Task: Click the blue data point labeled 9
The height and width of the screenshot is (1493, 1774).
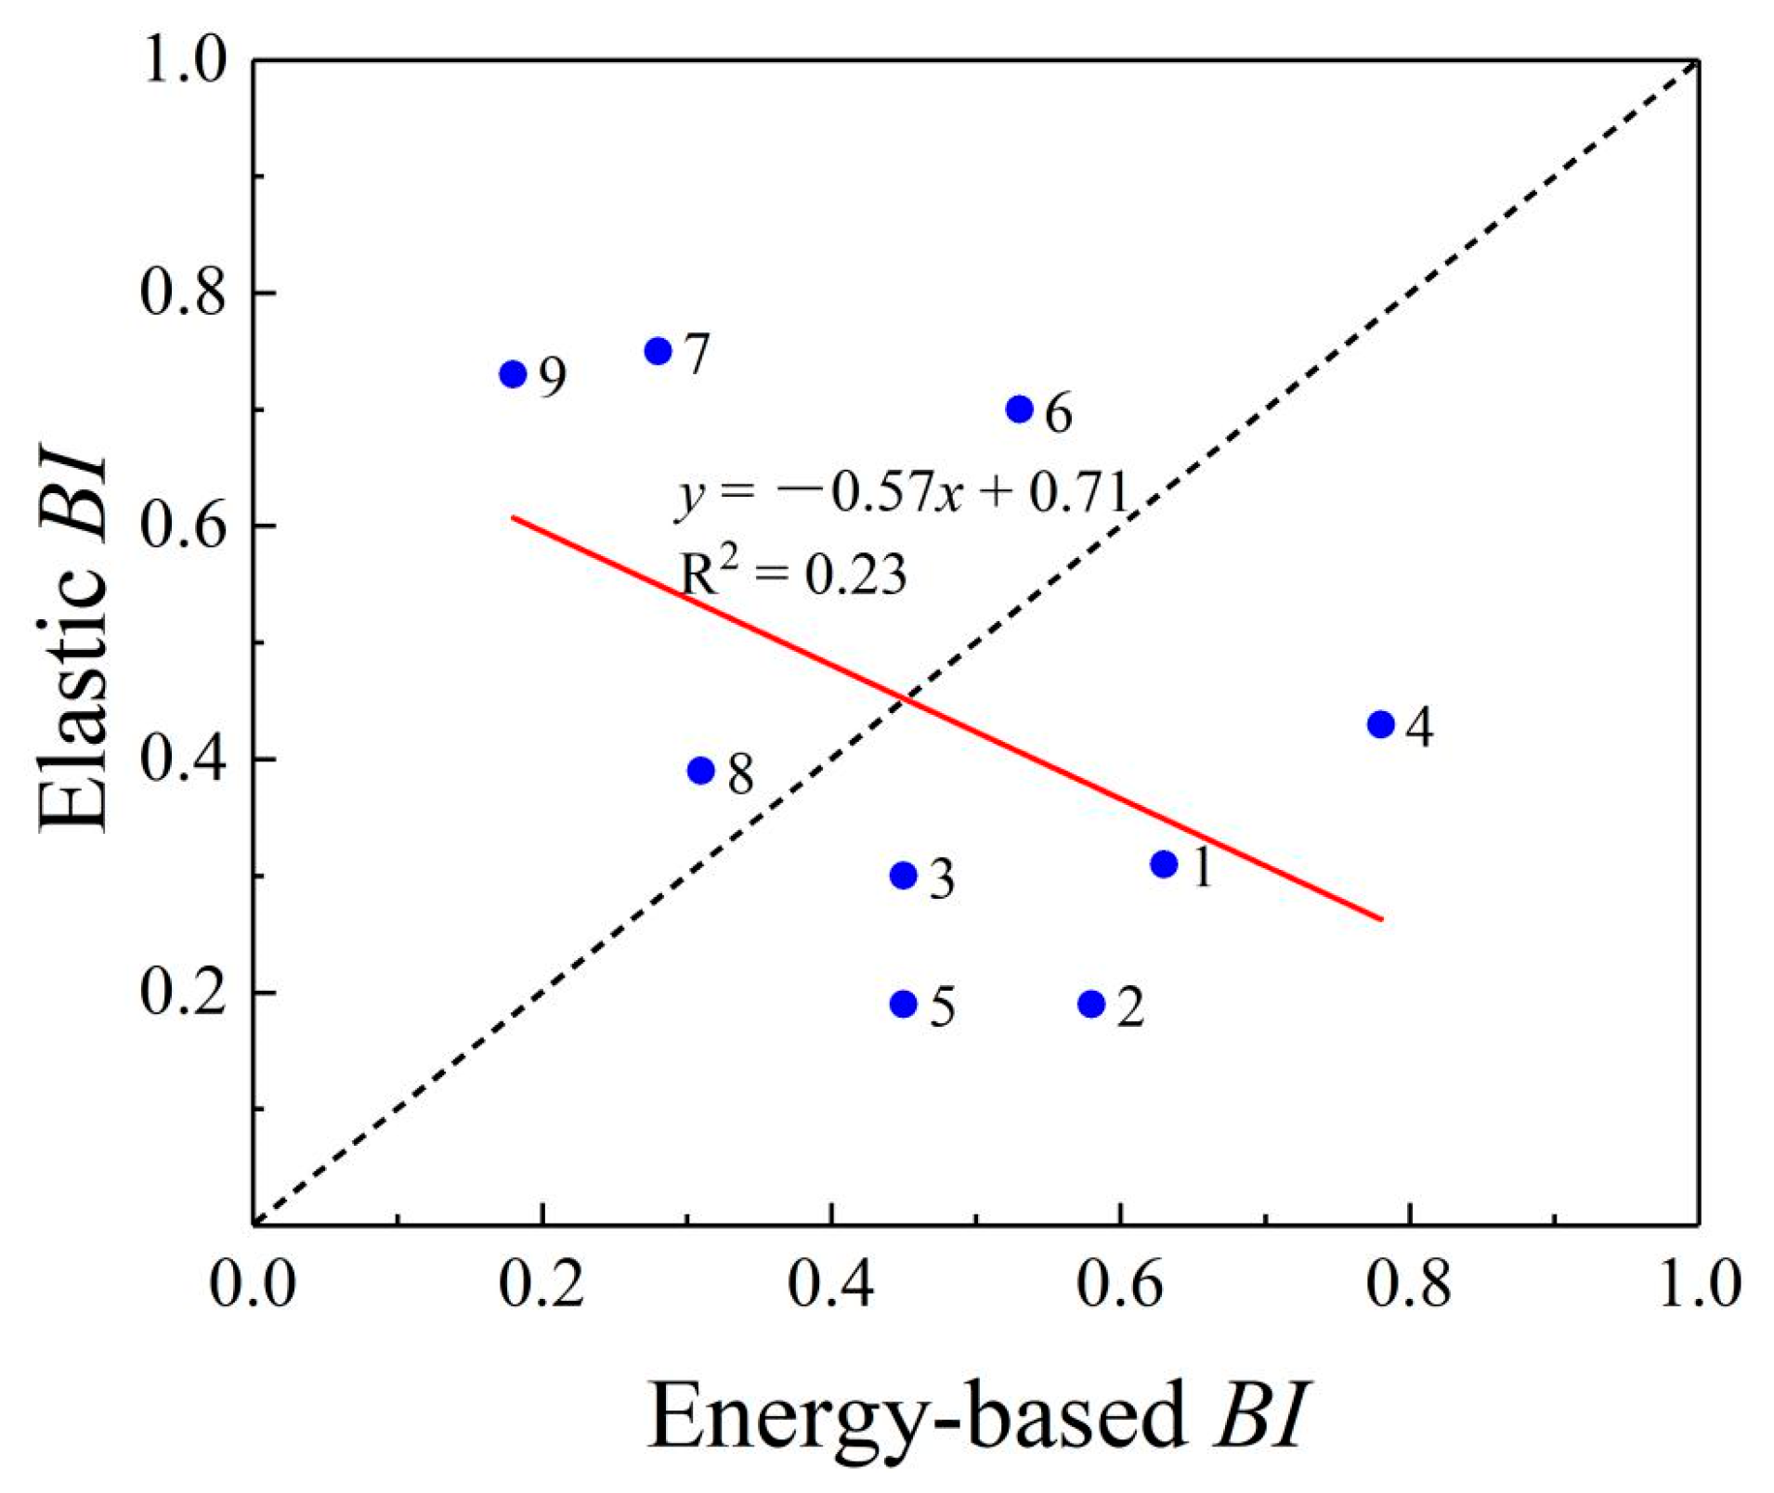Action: click(x=513, y=374)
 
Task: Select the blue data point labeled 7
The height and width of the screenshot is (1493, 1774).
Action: click(x=658, y=351)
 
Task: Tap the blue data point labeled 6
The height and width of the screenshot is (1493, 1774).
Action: click(x=1019, y=409)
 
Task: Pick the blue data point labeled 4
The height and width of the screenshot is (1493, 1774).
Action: click(x=1381, y=724)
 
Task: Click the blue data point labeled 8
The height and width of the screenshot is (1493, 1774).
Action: click(x=701, y=771)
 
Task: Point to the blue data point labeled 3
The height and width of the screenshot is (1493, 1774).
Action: click(x=904, y=876)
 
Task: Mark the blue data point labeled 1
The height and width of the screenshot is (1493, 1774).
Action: click(x=1164, y=864)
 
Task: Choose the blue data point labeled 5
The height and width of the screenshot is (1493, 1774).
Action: click(x=904, y=1004)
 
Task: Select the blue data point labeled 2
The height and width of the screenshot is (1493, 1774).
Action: click(x=1091, y=1004)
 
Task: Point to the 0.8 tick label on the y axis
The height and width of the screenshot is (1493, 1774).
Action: click(x=183, y=292)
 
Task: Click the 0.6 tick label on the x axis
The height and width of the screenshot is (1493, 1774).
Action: click(x=1120, y=1284)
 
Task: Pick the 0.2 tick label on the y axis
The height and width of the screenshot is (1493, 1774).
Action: click(x=183, y=993)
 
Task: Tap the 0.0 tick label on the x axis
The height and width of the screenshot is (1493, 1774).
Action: click(x=253, y=1284)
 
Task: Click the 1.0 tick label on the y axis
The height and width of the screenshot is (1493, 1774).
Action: click(x=183, y=61)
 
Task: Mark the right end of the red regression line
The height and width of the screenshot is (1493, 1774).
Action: click(x=1382, y=919)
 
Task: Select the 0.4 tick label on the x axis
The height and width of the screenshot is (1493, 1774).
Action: click(x=830, y=1284)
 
